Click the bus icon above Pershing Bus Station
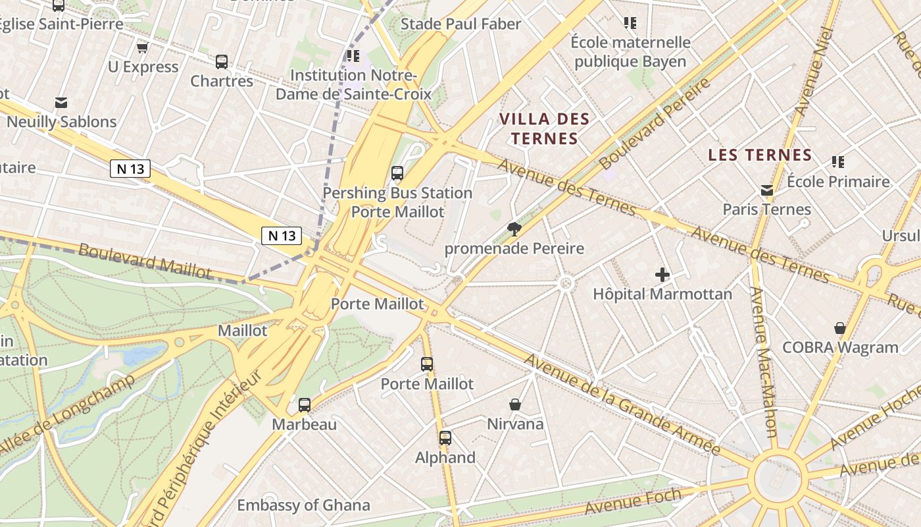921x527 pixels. pyautogui.click(x=397, y=173)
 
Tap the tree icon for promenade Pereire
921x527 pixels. pyautogui.click(x=514, y=229)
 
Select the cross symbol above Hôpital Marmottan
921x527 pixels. pyautogui.click(x=662, y=274)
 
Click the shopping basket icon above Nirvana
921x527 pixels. pyautogui.click(x=515, y=404)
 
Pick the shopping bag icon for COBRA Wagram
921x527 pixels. pyautogui.click(x=839, y=327)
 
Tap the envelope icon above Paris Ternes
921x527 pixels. pyautogui.click(x=766, y=190)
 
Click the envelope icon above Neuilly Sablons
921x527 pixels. pyautogui.click(x=61, y=102)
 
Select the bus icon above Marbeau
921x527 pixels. pyautogui.click(x=304, y=404)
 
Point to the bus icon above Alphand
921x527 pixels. pyautogui.click(x=445, y=437)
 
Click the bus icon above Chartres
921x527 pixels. pyautogui.click(x=222, y=62)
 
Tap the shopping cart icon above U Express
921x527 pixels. pyautogui.click(x=142, y=47)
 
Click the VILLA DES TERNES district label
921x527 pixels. pyautogui.click(x=544, y=128)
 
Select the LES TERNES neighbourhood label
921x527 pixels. pyautogui.click(x=760, y=155)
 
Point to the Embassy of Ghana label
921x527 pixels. pyautogui.click(x=303, y=505)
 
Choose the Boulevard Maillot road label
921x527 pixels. pyautogui.click(x=145, y=261)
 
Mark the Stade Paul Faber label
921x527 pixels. pyautogui.click(x=460, y=24)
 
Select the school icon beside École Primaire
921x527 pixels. pyautogui.click(x=837, y=161)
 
